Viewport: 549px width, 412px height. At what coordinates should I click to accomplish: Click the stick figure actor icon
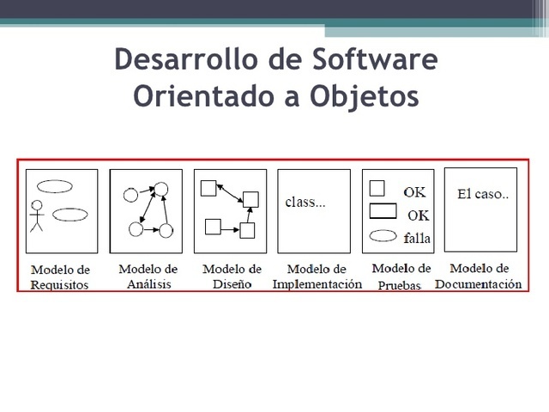pos(36,216)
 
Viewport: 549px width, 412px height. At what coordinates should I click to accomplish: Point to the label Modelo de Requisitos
pos(60,276)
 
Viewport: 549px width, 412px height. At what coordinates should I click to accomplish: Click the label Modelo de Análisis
pos(148,276)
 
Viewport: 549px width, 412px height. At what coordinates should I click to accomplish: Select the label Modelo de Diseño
pos(231,276)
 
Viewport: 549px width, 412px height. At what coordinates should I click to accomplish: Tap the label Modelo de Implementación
pos(317,276)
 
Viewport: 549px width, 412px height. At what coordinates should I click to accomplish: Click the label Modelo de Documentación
pos(479,276)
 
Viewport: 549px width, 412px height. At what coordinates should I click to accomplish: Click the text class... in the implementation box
pos(305,203)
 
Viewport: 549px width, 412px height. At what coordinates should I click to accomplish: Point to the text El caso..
pos(483,195)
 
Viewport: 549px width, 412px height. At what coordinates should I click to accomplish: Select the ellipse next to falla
pos(382,236)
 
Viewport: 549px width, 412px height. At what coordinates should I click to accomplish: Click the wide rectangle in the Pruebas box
pos(382,211)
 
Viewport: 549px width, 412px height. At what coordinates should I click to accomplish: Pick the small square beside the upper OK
pos(376,188)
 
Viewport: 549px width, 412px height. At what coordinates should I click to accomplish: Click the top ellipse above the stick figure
pos(55,184)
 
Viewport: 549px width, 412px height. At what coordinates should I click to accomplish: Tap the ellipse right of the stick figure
pos(69,215)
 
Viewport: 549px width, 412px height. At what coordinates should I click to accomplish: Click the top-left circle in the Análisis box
pos(131,194)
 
